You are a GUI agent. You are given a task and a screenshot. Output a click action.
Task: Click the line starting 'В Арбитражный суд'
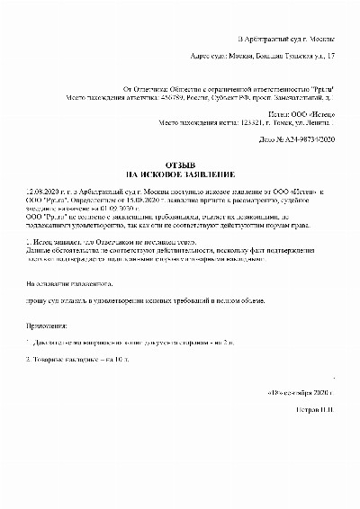(x=285, y=40)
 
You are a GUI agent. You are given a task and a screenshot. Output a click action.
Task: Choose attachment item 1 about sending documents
(x=117, y=343)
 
